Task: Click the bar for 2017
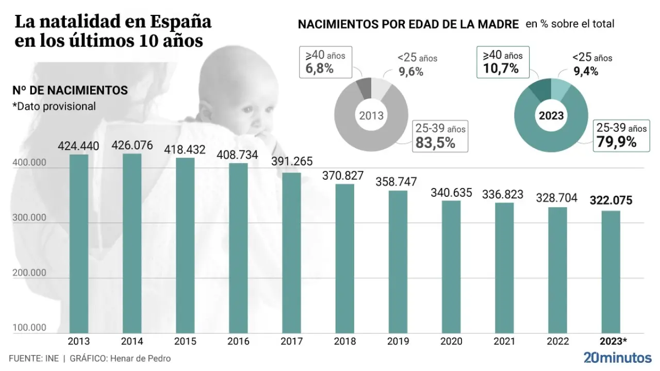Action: (x=291, y=252)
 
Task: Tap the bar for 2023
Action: (x=610, y=272)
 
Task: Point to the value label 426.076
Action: (x=133, y=146)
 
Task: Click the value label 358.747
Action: (x=398, y=182)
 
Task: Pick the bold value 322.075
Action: (x=610, y=201)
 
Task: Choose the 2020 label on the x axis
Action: (x=451, y=341)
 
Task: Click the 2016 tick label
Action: (x=238, y=341)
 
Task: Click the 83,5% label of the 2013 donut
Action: (x=436, y=143)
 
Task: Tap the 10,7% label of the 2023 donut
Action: (x=501, y=68)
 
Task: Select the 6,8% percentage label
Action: (x=319, y=68)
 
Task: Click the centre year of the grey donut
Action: (x=371, y=115)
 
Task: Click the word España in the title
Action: (x=181, y=22)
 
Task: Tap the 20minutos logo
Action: (x=617, y=357)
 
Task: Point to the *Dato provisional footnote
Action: (x=54, y=106)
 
